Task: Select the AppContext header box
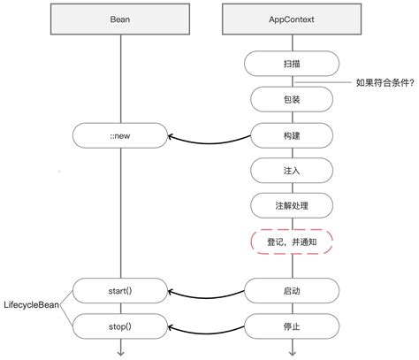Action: (x=292, y=19)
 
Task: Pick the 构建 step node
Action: (x=292, y=135)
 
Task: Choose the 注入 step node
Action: (x=292, y=171)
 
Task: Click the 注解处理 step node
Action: (x=292, y=205)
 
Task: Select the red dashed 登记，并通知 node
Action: (x=292, y=241)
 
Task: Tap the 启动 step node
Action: (x=292, y=290)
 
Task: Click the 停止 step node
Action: (x=292, y=326)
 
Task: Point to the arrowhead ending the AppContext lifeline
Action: (x=292, y=352)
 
